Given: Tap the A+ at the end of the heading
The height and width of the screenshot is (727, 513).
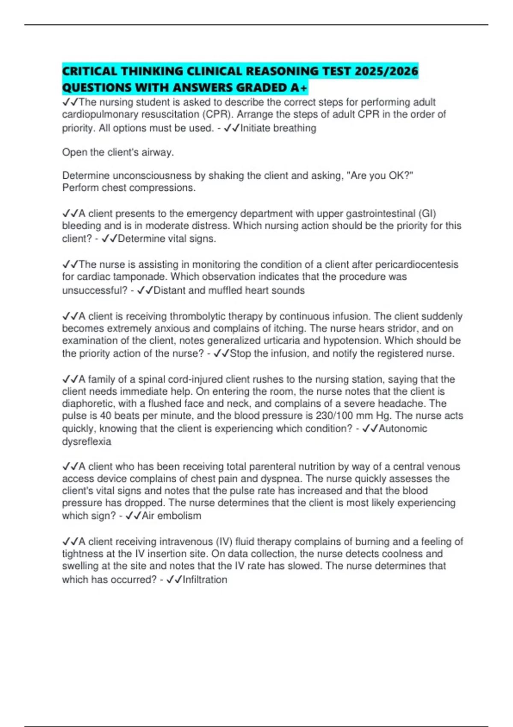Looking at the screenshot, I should [298, 88].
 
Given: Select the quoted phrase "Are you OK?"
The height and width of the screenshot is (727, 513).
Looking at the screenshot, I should [382, 176].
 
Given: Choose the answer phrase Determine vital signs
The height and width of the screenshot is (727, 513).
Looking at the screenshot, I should [167, 239].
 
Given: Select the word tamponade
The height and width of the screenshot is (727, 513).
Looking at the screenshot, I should [145, 277].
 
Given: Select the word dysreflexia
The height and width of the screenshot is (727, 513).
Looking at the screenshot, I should [86, 442].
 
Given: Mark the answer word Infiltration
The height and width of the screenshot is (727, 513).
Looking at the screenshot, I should [205, 580].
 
